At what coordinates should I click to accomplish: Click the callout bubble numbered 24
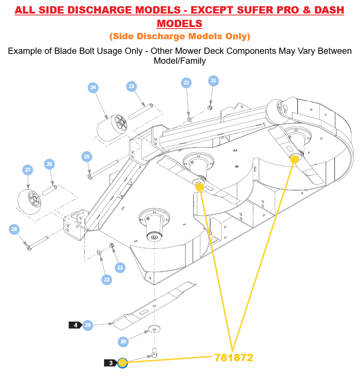[93, 87]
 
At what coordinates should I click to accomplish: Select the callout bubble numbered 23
[131, 86]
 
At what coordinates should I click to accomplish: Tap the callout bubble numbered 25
[87, 157]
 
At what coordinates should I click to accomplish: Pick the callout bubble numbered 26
[49, 164]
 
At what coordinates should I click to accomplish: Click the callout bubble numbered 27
[27, 170]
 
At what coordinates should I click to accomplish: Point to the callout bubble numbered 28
[14, 230]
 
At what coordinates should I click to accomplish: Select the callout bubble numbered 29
[88, 325]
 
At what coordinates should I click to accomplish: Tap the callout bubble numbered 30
[123, 342]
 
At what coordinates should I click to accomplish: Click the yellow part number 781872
[234, 357]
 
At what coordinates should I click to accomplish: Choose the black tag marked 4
[76, 325]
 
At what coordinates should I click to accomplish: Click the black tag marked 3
[111, 363]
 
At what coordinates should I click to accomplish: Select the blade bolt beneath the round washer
[154, 353]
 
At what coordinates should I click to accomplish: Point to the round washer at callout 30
[155, 329]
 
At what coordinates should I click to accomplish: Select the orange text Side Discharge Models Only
[180, 36]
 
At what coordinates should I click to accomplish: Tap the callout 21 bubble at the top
[213, 81]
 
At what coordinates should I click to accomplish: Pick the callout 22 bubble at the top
[186, 83]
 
